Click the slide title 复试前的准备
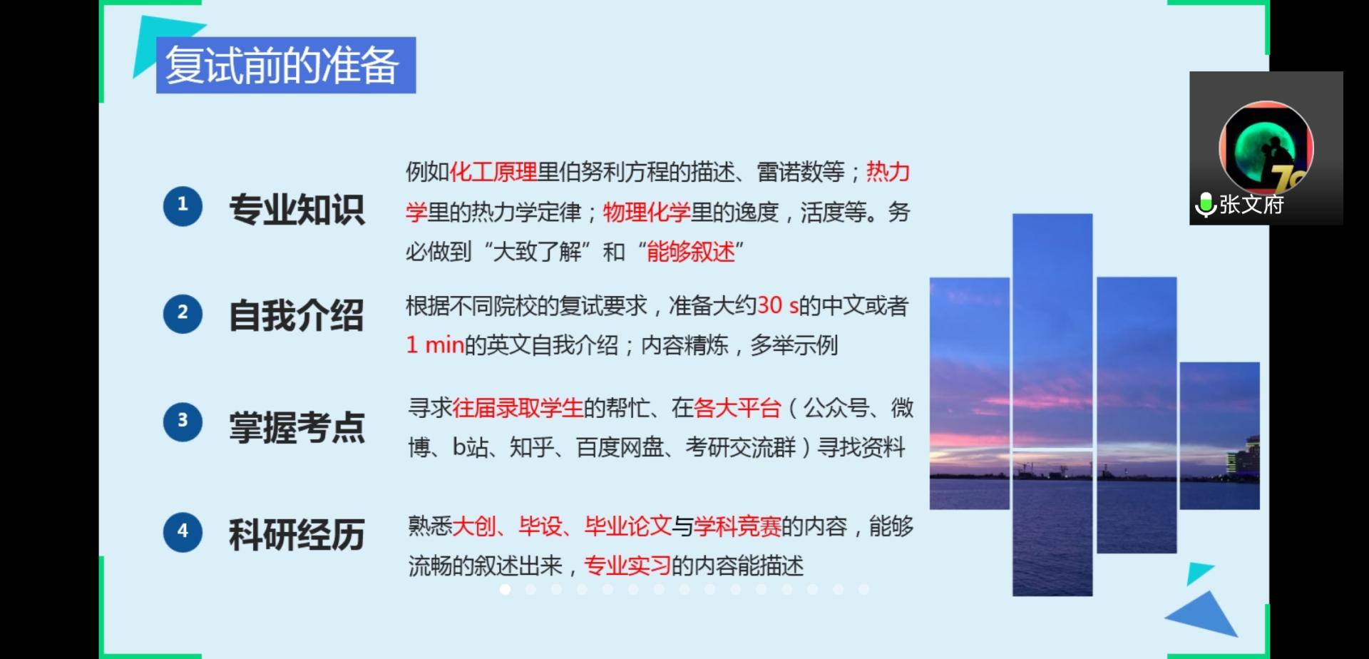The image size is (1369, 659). pyautogui.click(x=282, y=66)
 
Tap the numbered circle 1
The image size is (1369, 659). pyautogui.click(x=183, y=206)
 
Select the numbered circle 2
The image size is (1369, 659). pyautogui.click(x=183, y=314)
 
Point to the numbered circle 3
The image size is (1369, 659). pyautogui.click(x=183, y=422)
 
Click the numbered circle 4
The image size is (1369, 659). pyautogui.click(x=183, y=532)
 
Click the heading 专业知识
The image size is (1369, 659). pyautogui.click(x=297, y=210)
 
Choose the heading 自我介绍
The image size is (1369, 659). pyautogui.click(x=297, y=315)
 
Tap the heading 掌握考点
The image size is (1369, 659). pyautogui.click(x=297, y=427)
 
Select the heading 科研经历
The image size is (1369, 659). pyautogui.click(x=297, y=535)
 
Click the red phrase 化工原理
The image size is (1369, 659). pyautogui.click(x=493, y=172)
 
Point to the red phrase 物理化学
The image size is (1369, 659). pyautogui.click(x=647, y=212)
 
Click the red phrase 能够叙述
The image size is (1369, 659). pyautogui.click(x=690, y=252)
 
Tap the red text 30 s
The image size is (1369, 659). pyautogui.click(x=778, y=305)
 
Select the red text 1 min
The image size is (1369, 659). pyautogui.click(x=435, y=345)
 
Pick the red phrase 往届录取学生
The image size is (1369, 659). pyautogui.click(x=518, y=408)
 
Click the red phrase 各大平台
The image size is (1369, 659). pyautogui.click(x=737, y=408)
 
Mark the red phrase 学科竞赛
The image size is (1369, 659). pyautogui.click(x=737, y=526)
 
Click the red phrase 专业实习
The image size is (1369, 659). pyautogui.click(x=627, y=566)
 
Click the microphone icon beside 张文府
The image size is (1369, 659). pyautogui.click(x=1206, y=205)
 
